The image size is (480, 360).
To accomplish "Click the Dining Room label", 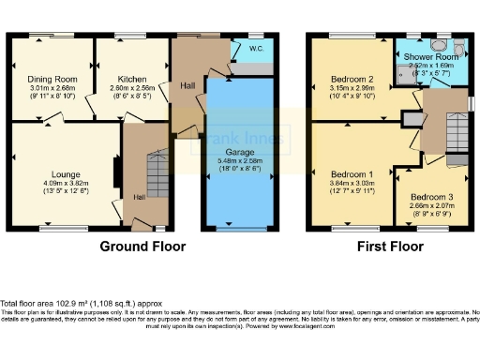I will click(52, 79).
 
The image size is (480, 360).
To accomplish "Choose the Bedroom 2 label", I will click(352, 79).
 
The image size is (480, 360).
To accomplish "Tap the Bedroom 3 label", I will click(426, 197).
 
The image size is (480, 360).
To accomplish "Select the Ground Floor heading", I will click(142, 247).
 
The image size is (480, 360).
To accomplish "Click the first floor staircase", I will click(454, 122).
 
